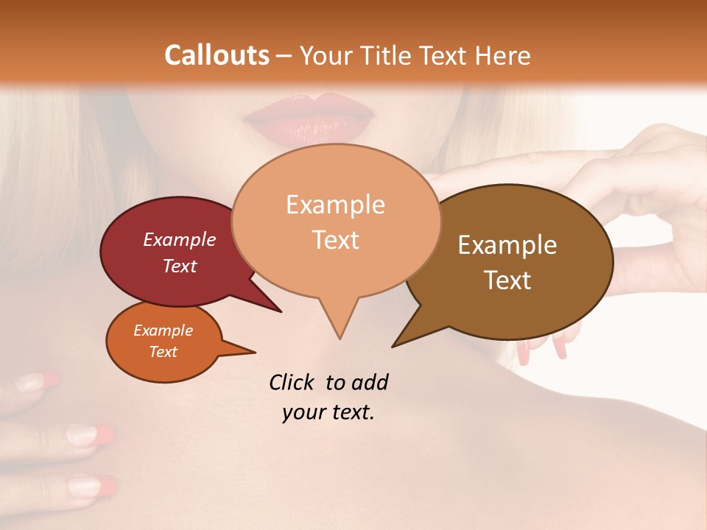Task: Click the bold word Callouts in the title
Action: coord(217,55)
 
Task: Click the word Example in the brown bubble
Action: coord(507,245)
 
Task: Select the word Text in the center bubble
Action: coord(336,240)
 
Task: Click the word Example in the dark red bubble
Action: coord(180,239)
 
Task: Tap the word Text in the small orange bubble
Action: coord(163,352)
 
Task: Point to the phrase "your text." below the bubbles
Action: coord(328,412)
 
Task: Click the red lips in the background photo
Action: coord(309,118)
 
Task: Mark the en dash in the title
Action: coord(285,56)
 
